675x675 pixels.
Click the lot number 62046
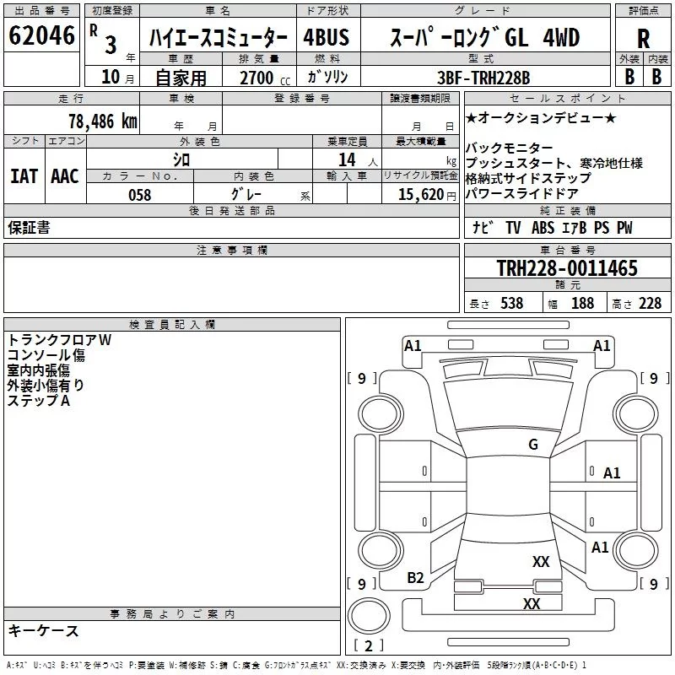coord(41,36)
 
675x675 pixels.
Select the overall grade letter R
coord(643,38)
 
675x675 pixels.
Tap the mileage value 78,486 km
coord(102,121)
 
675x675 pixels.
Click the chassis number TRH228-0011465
coord(566,269)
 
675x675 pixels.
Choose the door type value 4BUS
coord(326,38)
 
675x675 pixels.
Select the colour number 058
coord(139,195)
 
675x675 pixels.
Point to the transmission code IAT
coord(24,175)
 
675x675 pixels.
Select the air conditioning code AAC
coord(64,175)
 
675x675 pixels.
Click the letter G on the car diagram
coord(533,445)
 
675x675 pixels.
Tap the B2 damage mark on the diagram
coord(415,577)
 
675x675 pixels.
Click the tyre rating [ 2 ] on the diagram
coord(369,646)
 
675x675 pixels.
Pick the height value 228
coord(649,304)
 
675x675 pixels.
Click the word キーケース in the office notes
coord(43,631)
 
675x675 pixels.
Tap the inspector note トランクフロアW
coord(59,339)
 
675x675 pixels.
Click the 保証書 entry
coord(29,228)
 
